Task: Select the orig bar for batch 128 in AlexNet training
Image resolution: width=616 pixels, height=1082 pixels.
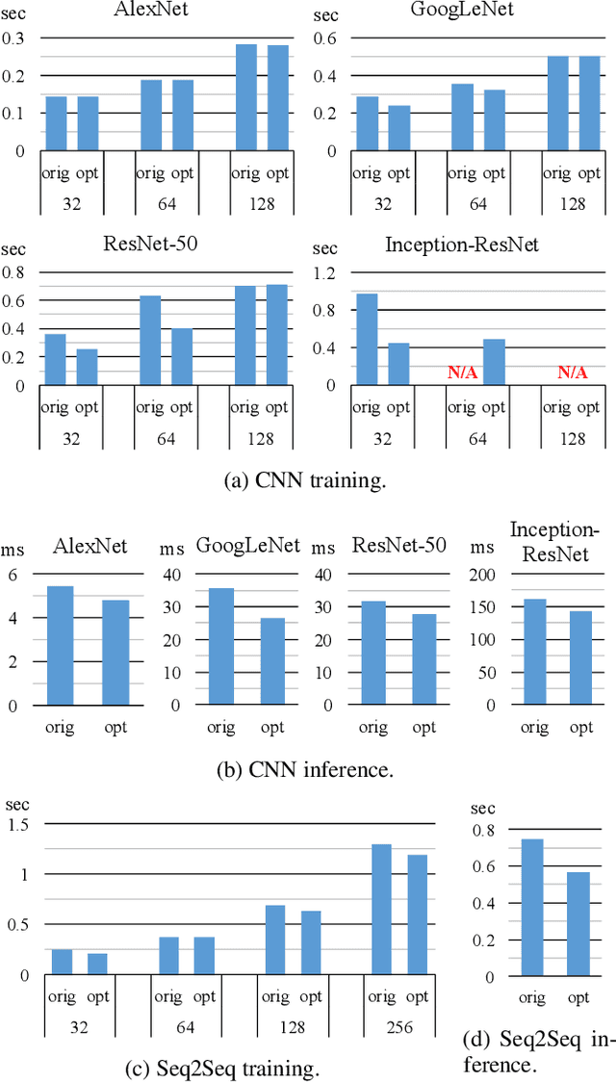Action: coord(246,97)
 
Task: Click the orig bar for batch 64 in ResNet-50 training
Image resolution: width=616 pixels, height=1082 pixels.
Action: coord(149,340)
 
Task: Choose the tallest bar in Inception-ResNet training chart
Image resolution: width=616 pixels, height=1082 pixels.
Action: coord(367,339)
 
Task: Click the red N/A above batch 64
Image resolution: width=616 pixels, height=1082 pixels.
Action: coord(462,373)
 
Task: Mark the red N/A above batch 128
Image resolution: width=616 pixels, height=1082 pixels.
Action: coord(573,373)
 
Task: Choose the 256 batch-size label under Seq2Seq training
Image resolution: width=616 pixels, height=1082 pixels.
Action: coord(398,1028)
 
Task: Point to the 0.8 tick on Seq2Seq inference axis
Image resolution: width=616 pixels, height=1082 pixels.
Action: coord(482,830)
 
